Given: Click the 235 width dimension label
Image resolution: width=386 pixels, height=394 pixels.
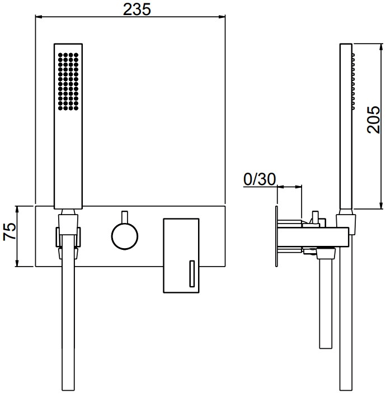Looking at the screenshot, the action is coord(137,10).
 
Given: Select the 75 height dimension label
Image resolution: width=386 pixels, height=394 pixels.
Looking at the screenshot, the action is coord(10,232).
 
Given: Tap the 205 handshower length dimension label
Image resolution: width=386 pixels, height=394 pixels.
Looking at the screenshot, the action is coord(373,120).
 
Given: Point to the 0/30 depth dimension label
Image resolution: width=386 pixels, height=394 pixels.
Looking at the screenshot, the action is coord(260,179).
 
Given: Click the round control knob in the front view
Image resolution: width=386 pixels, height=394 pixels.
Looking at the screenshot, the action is coord(125,236).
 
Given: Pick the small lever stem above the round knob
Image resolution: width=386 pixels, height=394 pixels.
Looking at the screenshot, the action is coord(125,217).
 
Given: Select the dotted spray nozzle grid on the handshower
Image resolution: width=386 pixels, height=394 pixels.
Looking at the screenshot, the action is coord(68,81).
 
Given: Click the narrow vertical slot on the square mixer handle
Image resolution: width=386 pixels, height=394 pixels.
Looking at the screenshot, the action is coord(192,273).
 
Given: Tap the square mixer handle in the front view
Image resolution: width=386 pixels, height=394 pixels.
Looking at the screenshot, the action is coord(181,255).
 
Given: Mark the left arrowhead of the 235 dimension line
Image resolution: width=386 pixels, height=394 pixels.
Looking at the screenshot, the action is coord(39,17).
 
